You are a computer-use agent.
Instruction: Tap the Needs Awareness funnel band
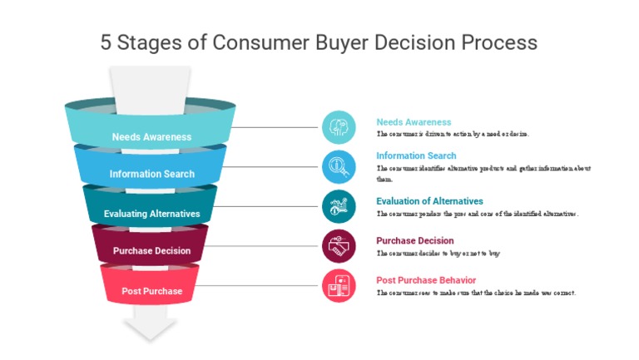pos(151,136)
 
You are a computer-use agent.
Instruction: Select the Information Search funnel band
pos(151,173)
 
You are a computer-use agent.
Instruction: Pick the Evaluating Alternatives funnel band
pos(151,213)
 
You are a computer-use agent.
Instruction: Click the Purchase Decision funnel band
pos(151,250)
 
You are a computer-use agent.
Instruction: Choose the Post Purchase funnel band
pos(151,290)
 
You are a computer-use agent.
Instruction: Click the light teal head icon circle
pos(339,127)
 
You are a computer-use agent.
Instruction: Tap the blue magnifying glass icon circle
pos(339,166)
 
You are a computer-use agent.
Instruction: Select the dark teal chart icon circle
pos(339,206)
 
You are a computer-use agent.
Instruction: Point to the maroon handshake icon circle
pos(339,246)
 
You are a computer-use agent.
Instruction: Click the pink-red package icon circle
pos(339,286)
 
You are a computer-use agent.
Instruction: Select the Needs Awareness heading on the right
pos(414,122)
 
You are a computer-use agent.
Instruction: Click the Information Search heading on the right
pos(416,155)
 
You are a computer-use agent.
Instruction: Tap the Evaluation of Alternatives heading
pos(429,201)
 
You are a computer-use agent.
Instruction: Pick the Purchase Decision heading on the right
pos(414,241)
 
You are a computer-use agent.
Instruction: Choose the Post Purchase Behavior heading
pos(426,280)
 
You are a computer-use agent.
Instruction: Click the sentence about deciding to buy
pos(438,254)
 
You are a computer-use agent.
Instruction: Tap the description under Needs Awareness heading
pos(453,134)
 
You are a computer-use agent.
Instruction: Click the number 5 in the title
pos(106,42)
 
